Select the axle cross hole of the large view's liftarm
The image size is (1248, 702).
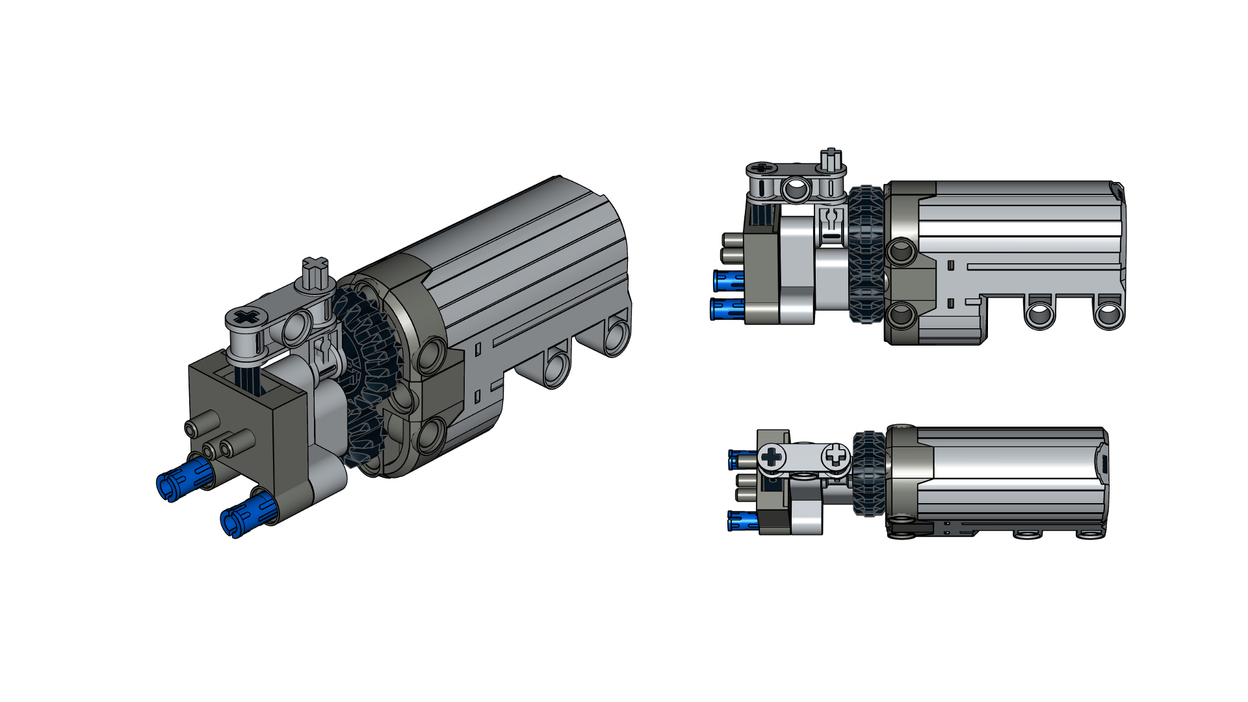click(246, 317)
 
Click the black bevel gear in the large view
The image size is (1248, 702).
click(367, 377)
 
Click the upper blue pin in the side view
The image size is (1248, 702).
click(728, 281)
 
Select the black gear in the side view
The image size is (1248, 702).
click(866, 255)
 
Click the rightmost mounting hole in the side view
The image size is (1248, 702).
click(1108, 315)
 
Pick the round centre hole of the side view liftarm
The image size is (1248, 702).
click(796, 189)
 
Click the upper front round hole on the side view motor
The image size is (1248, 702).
click(902, 250)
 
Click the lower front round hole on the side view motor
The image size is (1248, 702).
click(902, 315)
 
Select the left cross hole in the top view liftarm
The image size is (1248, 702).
click(772, 457)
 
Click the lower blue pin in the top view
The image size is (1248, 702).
click(742, 520)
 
